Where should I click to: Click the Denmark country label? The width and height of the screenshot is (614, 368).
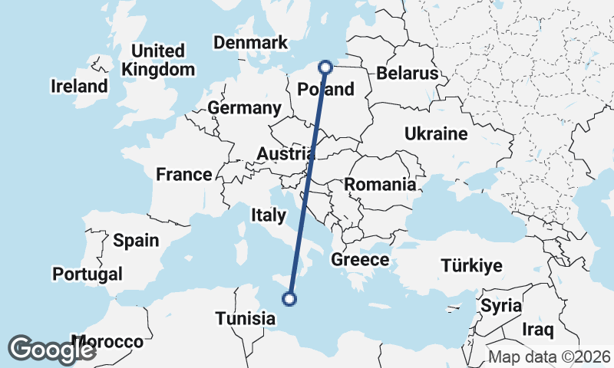250,43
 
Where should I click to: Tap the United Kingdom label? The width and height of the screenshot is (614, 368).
158,61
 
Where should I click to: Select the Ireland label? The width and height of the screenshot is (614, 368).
79,86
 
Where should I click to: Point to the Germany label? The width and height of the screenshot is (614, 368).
244,108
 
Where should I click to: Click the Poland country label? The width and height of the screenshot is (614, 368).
326,90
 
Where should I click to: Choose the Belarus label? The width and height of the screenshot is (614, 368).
407,74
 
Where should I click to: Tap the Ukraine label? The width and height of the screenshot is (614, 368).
436,134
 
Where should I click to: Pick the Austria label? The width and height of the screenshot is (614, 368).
286,154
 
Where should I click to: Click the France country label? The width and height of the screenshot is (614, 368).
183,175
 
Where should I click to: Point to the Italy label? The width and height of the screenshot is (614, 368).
268,216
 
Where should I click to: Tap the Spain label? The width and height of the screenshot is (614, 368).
136,241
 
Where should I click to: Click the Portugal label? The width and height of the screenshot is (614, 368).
87,274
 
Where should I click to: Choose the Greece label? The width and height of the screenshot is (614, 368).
360,260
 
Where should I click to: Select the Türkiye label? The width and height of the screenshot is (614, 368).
471,266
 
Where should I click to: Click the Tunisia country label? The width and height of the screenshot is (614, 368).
245,317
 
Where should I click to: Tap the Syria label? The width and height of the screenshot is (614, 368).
501,305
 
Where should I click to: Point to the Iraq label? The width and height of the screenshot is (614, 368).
537,330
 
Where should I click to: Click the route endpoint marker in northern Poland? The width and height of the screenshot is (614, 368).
325,67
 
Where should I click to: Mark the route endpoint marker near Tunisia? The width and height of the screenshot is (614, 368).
290,299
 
